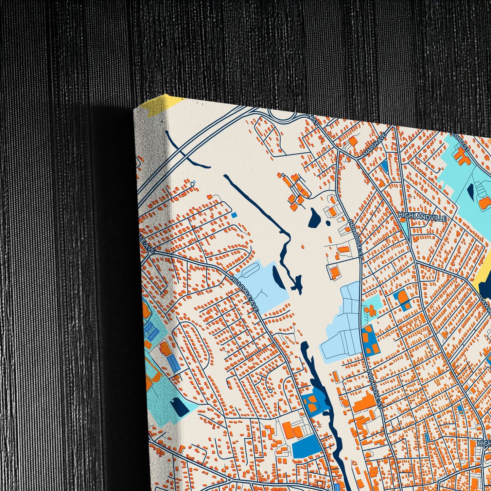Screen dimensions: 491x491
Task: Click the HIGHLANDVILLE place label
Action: [x=422, y=216]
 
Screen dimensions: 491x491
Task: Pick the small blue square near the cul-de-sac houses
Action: [x=234, y=215]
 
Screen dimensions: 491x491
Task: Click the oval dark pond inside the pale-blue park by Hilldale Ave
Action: [x=276, y=275]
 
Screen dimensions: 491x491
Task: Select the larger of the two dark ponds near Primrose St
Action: [x=314, y=217]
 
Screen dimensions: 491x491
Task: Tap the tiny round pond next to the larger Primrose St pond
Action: [x=328, y=223]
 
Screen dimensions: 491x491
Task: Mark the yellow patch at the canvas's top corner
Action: [x=161, y=105]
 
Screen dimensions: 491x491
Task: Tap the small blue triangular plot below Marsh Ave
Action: [x=384, y=166]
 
